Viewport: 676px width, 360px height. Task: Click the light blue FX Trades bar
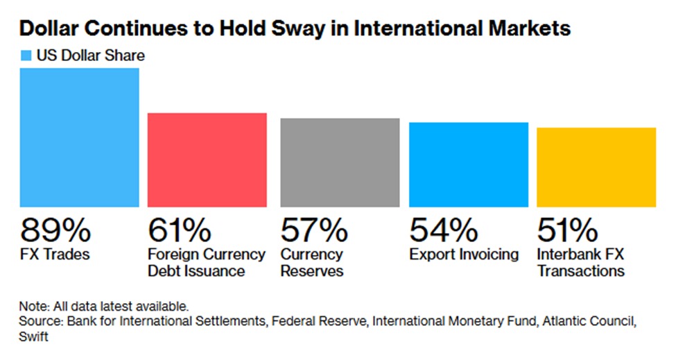pos(79,137)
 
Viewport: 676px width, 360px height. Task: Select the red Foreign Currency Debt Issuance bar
pos(207,160)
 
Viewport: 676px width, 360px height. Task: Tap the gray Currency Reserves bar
pos(340,162)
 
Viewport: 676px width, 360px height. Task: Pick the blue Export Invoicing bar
pos(469,164)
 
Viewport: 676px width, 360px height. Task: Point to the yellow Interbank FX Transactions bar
pos(596,167)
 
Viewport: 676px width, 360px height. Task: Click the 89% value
pos(55,230)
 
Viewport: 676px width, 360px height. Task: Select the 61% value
pos(180,230)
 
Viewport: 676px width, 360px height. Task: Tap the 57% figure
pos(314,230)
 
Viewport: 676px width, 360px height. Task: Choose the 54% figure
pos(443,230)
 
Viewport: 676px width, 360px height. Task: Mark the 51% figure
pos(567,230)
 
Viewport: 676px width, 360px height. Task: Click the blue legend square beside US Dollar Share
pos(26,55)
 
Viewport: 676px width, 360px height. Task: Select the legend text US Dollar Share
pos(91,55)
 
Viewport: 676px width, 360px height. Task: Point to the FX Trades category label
pos(55,255)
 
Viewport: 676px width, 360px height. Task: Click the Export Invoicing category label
pos(464,255)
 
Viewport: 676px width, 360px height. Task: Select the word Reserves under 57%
pos(312,271)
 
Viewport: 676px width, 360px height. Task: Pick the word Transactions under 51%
pos(581,271)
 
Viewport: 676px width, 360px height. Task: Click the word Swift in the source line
pos(33,336)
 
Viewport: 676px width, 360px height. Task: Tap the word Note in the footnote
pos(34,307)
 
